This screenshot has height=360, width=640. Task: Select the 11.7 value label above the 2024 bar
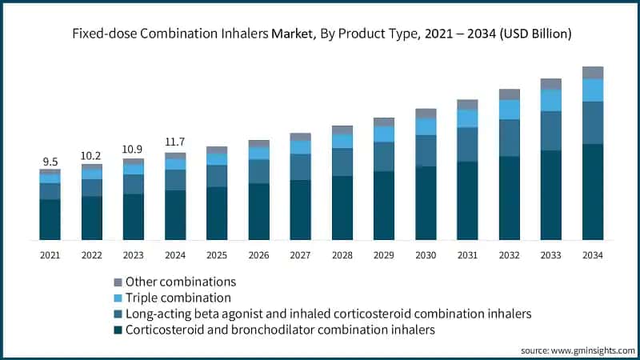pos(175,142)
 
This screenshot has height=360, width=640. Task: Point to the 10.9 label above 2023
pos(133,150)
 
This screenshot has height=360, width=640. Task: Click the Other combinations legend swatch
pos(118,282)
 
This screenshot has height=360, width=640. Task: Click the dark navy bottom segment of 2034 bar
pos(592,192)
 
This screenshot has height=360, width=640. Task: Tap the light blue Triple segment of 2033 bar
pos(550,100)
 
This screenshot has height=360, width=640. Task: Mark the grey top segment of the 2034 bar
pos(592,72)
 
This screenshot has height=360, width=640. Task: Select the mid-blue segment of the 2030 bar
pos(426,150)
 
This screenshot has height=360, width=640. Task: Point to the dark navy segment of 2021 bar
pos(50,219)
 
